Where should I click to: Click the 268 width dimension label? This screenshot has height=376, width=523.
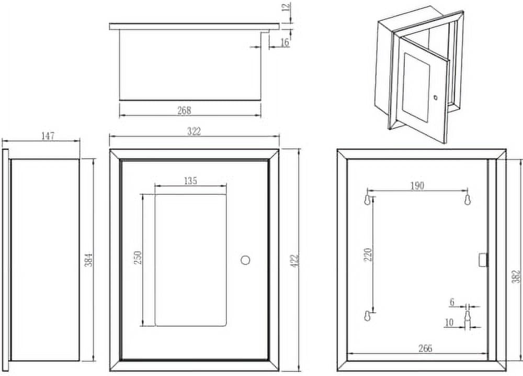184,110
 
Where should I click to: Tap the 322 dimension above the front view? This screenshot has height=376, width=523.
194,131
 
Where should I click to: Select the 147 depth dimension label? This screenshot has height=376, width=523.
48,136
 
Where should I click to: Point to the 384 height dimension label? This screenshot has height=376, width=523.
89,259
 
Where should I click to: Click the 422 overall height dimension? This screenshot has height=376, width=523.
293,260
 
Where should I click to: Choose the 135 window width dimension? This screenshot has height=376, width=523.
190,181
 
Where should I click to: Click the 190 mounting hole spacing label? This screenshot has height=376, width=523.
417,185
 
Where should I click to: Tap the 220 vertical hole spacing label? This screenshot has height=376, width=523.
367,255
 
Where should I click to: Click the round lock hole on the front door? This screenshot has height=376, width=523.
246,260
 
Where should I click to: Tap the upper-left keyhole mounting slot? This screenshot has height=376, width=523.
367,200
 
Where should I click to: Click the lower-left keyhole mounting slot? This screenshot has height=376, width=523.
367,316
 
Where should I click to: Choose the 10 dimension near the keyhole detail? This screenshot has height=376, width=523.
448,323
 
